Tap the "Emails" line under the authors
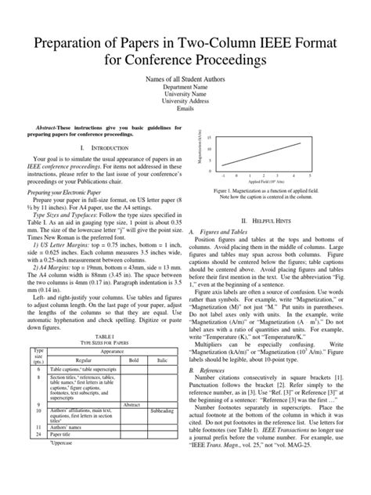coord(185,110)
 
